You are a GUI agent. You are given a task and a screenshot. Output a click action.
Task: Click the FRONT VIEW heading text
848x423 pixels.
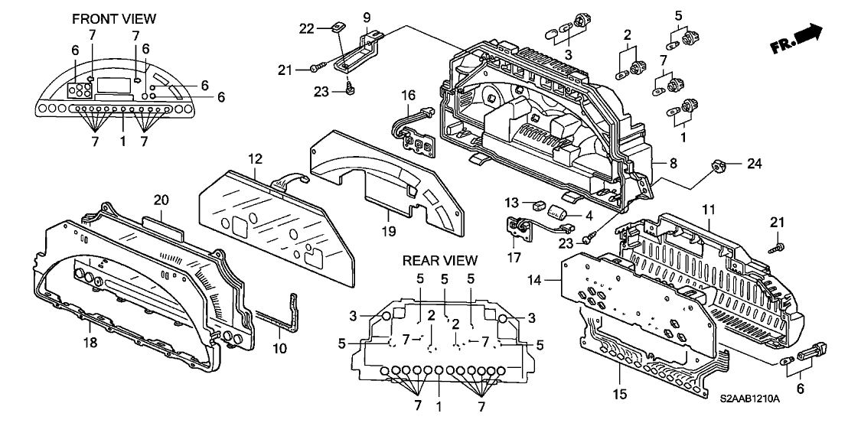(113, 18)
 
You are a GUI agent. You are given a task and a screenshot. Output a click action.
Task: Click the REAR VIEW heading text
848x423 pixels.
(440, 261)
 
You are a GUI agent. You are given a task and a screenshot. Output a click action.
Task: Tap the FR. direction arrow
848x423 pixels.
(801, 38)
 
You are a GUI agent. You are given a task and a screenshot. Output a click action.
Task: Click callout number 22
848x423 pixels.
(307, 29)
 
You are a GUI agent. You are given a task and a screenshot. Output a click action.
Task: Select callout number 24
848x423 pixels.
(734, 163)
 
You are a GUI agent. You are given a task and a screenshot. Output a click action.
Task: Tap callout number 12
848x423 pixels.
(254, 159)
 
